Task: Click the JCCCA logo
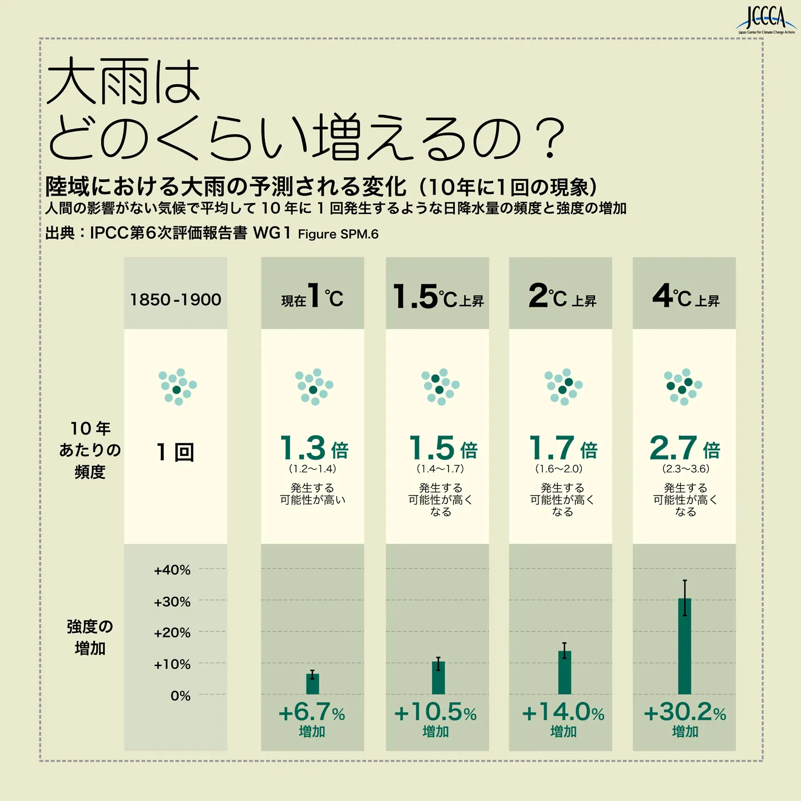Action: [766, 20]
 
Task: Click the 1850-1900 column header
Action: [175, 299]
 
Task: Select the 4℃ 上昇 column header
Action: [684, 296]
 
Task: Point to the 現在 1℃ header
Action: [312, 296]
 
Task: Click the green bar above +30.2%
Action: [684, 647]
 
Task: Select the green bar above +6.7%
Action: [312, 684]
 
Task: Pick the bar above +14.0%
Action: [564, 672]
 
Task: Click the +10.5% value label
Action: [435, 713]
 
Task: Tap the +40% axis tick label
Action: [172, 570]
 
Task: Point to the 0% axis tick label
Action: [180, 696]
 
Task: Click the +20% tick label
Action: [172, 633]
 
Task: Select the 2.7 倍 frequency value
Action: [684, 449]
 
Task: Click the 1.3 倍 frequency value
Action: [314, 449]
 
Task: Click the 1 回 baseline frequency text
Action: [176, 453]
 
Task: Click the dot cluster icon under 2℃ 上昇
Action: [563, 387]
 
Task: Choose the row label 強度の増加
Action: [90, 637]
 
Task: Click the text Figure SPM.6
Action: [338, 234]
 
